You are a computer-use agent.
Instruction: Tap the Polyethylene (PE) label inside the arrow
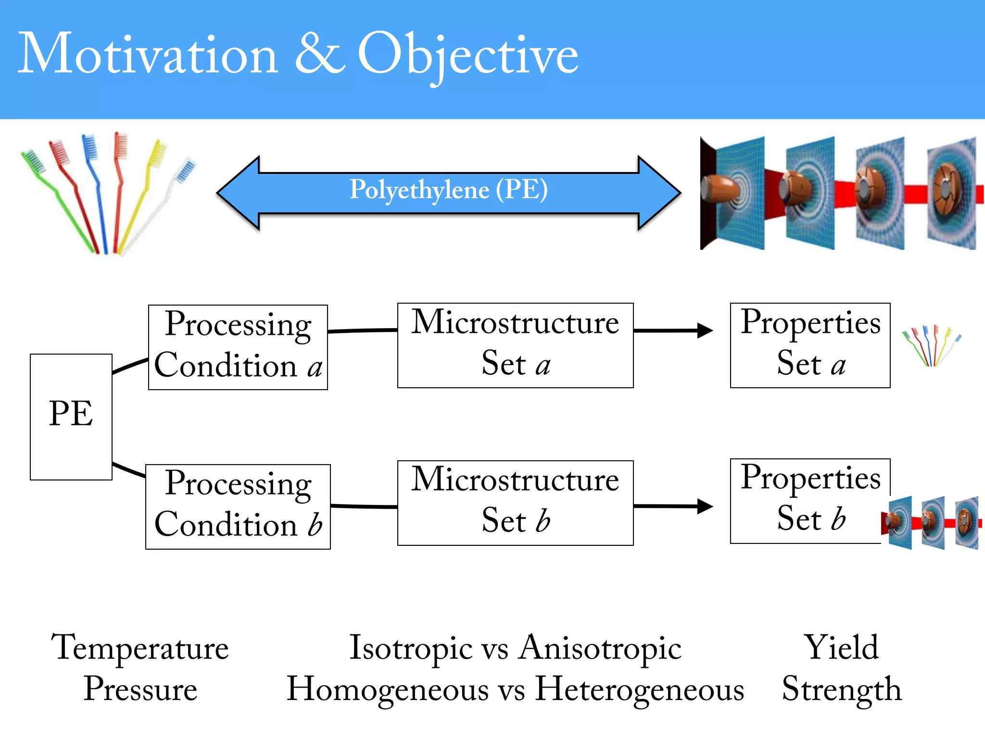pyautogui.click(x=448, y=190)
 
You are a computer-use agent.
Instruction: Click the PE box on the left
pyautogui.click(x=71, y=416)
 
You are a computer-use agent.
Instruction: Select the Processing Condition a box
pyautogui.click(x=238, y=347)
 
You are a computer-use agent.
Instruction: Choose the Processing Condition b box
pyautogui.click(x=238, y=506)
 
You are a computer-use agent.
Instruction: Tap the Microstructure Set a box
pyautogui.click(x=515, y=345)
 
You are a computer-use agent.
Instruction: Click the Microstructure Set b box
pyautogui.click(x=515, y=503)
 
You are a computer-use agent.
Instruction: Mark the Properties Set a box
pyautogui.click(x=810, y=345)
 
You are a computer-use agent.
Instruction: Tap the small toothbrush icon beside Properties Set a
pyautogui.click(x=931, y=346)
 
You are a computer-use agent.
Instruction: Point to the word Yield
pyautogui.click(x=842, y=648)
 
